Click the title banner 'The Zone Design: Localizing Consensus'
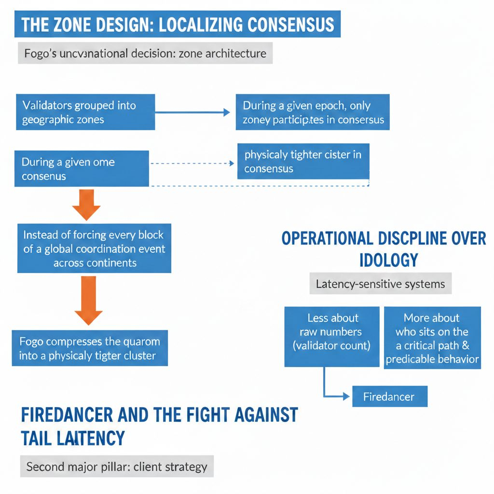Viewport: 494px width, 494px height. [178, 24]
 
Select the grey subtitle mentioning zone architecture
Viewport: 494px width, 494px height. [145, 53]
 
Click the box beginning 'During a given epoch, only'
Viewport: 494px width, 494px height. [313, 112]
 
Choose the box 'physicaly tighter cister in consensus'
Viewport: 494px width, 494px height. [303, 161]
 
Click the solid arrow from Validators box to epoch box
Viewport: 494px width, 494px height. [193, 112]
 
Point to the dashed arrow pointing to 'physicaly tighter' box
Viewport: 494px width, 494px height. [193, 164]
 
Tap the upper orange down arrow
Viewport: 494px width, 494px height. [86, 205]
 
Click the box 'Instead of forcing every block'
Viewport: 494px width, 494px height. [94, 248]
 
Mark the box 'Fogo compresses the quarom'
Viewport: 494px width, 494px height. [90, 348]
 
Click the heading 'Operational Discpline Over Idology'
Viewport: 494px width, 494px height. [384, 248]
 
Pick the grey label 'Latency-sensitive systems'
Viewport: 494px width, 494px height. [380, 284]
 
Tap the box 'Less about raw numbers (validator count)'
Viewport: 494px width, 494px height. [332, 336]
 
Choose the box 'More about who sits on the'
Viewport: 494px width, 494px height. [432, 338]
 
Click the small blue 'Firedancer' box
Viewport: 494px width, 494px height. [389, 397]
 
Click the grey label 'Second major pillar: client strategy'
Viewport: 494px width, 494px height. [117, 467]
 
